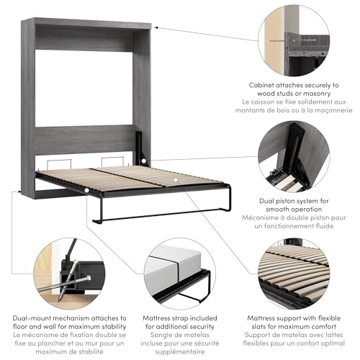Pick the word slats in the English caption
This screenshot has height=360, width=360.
pyautogui.click(x=263, y=326)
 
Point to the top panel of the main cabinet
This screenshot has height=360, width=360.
pyautogui.click(x=93, y=24)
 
